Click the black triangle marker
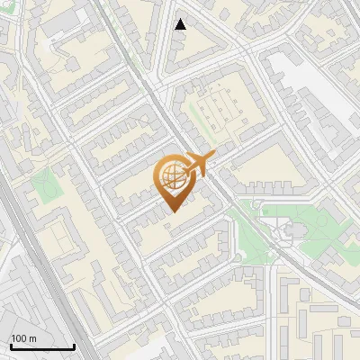point(181,24)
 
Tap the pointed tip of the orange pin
point(174,211)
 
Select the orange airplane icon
point(200,164)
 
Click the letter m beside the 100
point(33,338)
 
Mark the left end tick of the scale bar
point(10,345)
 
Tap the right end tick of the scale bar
point(74,345)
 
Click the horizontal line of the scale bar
point(41,347)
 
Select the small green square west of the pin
point(44,186)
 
